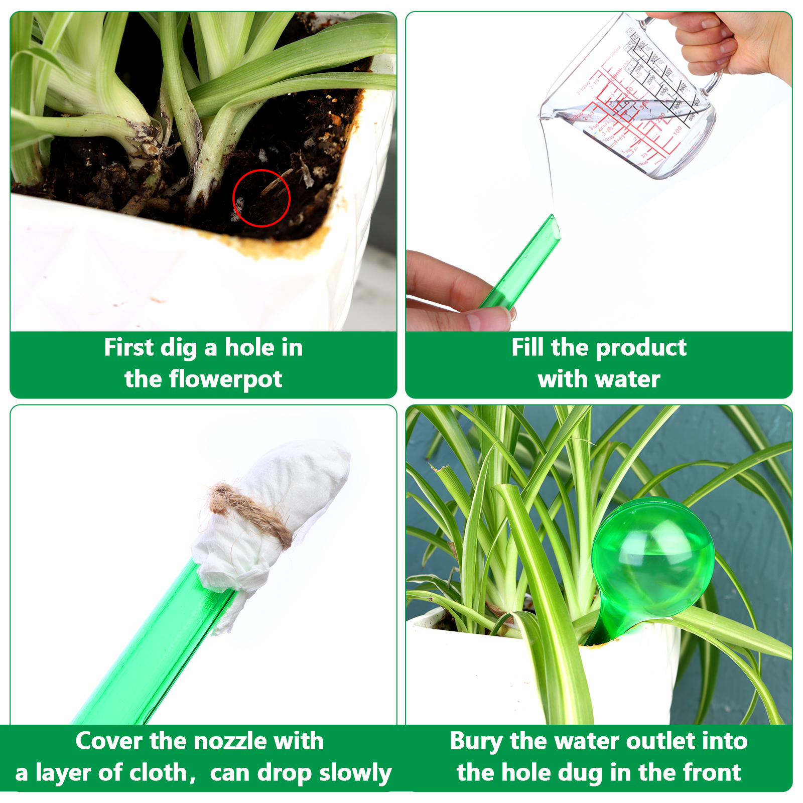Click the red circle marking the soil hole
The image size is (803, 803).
pyautogui.click(x=233, y=198)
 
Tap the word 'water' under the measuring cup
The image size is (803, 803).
pyautogui.click(x=631, y=379)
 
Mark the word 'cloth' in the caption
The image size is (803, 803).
pyautogui.click(x=158, y=773)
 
